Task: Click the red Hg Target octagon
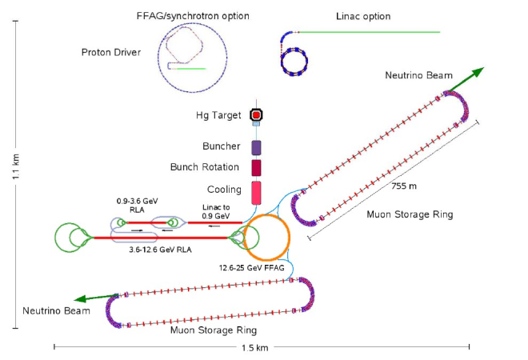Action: point(257,115)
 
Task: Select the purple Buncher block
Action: point(257,147)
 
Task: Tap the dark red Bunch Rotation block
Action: point(257,168)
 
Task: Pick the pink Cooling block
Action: point(257,193)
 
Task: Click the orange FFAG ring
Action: point(266,238)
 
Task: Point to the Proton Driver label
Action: point(110,53)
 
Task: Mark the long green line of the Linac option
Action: point(368,32)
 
